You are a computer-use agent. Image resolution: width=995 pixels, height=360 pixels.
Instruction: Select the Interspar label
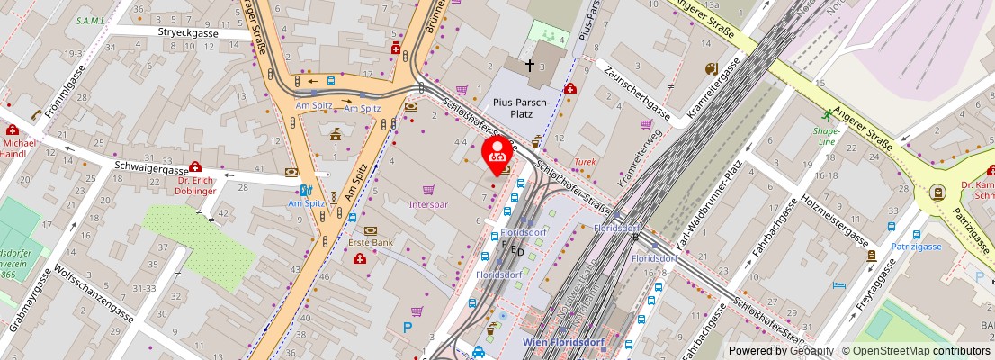428,203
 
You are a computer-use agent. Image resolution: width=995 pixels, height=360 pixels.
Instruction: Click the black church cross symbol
530,66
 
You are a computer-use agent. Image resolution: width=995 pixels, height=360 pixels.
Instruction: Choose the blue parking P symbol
408,328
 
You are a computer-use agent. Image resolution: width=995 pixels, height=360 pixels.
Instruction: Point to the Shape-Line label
826,135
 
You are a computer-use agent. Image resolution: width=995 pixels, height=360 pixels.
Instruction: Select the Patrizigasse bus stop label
916,247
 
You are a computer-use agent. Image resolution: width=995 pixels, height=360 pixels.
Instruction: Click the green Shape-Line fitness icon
826,115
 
